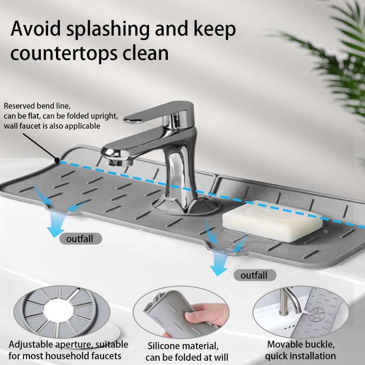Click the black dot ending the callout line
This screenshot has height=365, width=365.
57,160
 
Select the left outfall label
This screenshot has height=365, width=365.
81,238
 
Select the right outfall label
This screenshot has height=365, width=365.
255,275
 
